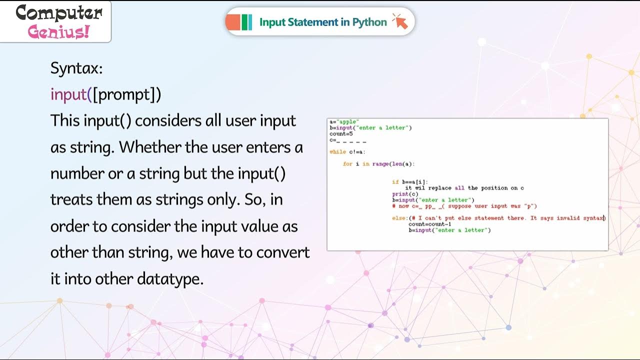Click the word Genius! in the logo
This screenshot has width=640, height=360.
click(59, 32)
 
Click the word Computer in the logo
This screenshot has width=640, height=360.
click(59, 13)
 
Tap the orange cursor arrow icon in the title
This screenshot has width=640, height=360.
click(400, 21)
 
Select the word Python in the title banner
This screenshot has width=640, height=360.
click(369, 22)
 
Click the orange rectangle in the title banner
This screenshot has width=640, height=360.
click(233, 22)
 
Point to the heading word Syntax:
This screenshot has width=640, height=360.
click(76, 68)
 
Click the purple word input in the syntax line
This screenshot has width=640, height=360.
click(69, 94)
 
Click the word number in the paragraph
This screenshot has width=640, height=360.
click(76, 173)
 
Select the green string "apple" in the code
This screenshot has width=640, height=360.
click(348, 122)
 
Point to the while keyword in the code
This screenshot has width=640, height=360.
click(337, 152)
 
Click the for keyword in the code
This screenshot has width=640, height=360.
click(347, 164)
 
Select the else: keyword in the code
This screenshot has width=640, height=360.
click(400, 218)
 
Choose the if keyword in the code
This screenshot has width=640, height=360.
click(395, 182)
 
